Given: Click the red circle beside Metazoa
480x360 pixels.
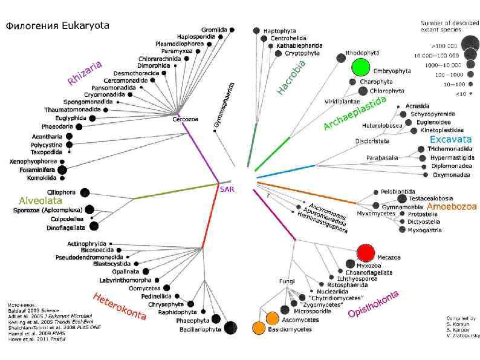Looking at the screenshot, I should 365,252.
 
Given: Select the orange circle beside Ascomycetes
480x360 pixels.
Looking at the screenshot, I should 271,318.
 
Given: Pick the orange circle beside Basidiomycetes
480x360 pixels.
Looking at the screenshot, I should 259,328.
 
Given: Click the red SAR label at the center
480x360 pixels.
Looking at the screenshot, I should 226,189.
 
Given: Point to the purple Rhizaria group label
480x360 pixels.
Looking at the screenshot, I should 85,72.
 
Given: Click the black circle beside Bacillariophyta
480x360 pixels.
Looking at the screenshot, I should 230,327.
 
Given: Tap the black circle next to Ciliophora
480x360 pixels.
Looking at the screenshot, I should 85,192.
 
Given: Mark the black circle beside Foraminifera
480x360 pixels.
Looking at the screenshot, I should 62,170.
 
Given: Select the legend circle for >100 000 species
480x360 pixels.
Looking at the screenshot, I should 469,44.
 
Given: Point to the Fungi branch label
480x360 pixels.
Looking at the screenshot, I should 285,282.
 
